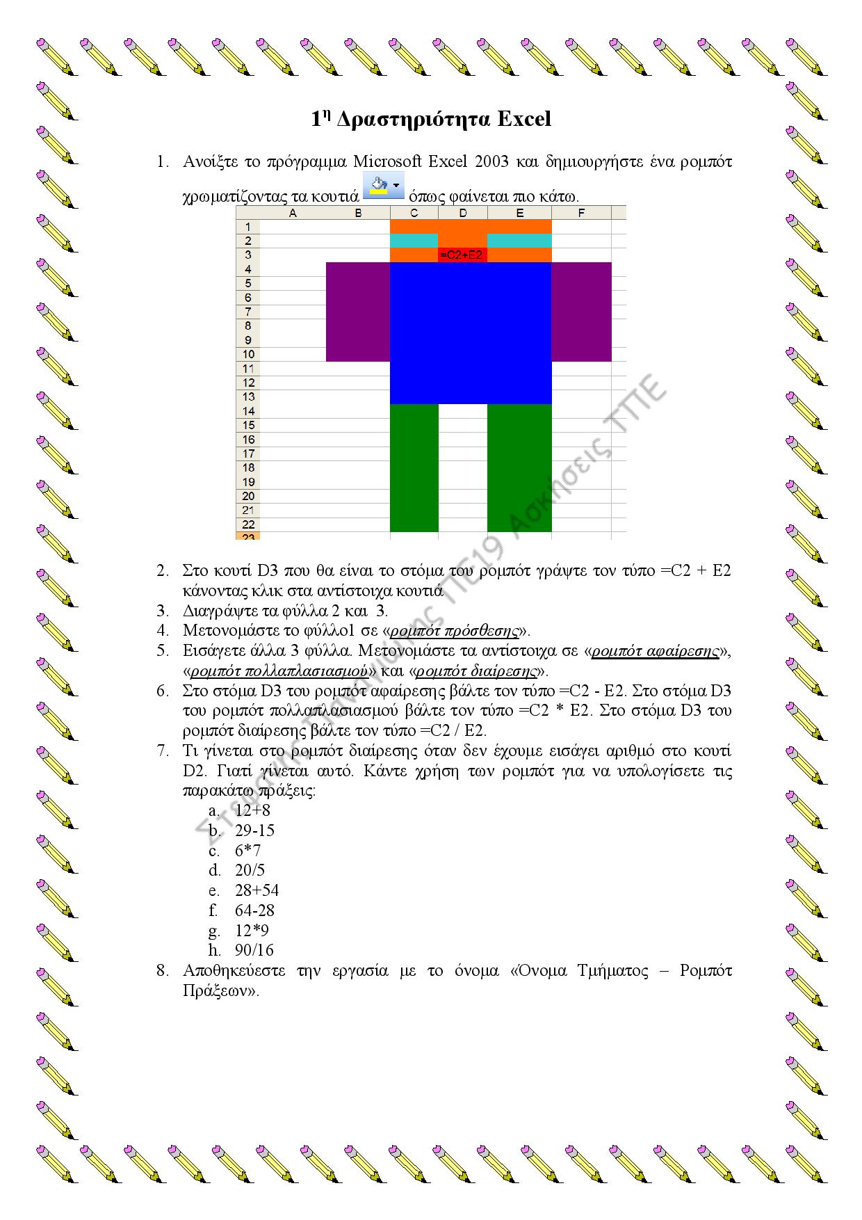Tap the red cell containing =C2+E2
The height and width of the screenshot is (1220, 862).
click(x=462, y=255)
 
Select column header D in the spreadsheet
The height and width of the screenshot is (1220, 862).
click(x=463, y=213)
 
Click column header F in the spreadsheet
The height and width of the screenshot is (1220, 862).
click(x=581, y=213)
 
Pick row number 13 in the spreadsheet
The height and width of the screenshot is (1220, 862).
click(x=248, y=396)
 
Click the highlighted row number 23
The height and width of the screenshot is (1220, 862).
click(x=248, y=536)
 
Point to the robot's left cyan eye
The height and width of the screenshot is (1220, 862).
click(x=414, y=241)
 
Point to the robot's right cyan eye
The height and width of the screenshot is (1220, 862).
click(x=519, y=241)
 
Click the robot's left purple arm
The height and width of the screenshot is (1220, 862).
click(x=357, y=312)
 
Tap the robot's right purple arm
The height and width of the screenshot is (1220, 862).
click(x=581, y=312)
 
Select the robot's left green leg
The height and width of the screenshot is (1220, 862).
click(x=414, y=467)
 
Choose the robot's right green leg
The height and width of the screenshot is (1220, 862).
click(x=519, y=467)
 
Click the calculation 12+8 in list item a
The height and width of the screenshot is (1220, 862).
click(x=253, y=810)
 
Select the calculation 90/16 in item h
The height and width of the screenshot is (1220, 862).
click(x=254, y=950)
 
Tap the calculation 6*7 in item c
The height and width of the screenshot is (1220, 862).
click(x=248, y=851)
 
